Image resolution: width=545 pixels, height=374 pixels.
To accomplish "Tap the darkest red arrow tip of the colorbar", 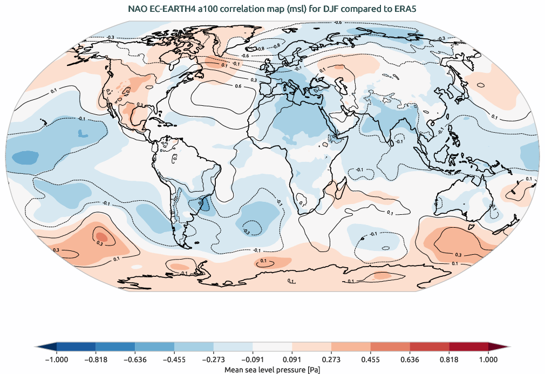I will [x=499, y=347].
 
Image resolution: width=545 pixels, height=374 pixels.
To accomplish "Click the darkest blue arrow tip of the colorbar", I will [x=46, y=347].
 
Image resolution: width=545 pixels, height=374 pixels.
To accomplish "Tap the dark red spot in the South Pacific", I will [x=103, y=236].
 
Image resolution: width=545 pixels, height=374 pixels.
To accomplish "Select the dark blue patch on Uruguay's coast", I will [x=206, y=205].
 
